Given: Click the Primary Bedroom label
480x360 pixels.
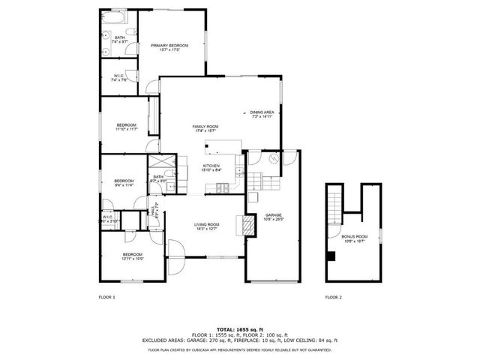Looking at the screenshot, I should click(x=169, y=47).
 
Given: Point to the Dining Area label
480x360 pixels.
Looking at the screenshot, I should click(x=261, y=114).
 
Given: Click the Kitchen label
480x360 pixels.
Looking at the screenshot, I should click(x=211, y=167).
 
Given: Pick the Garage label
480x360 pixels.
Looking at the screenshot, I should click(x=273, y=217).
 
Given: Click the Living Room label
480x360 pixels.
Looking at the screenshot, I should click(x=206, y=226).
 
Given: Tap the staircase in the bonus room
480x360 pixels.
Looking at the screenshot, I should click(x=334, y=202).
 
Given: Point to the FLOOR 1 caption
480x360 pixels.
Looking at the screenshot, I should click(x=107, y=298).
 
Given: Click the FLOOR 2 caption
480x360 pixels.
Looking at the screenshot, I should click(x=333, y=298).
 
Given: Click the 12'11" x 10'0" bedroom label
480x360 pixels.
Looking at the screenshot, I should click(x=132, y=256).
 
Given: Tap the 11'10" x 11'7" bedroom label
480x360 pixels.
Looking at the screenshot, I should click(x=126, y=127).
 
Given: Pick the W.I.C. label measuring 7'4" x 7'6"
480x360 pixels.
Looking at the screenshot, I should click(x=119, y=78).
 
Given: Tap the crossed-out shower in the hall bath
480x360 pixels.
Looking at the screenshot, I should click(x=160, y=163).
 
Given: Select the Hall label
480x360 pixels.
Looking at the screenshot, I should click(x=153, y=213).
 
